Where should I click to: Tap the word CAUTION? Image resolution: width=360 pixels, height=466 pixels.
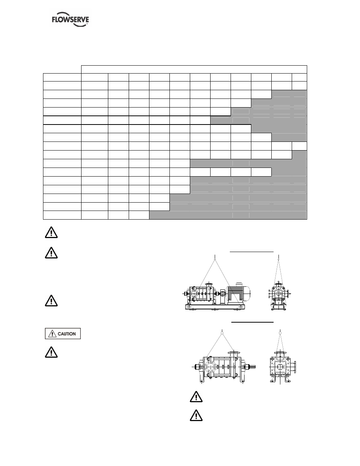click(67, 334)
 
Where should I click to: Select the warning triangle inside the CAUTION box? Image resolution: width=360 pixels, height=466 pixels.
click(52, 334)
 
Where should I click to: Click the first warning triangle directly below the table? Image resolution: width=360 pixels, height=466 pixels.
click(51, 232)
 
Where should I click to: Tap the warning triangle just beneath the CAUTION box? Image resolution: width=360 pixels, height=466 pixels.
click(51, 352)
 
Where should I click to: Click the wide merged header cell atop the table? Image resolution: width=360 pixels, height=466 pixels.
click(194, 69)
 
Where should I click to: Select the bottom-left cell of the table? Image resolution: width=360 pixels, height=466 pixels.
click(62, 215)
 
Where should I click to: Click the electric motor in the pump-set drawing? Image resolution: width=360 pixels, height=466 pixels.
click(238, 293)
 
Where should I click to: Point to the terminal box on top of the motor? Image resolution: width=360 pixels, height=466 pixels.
click(238, 284)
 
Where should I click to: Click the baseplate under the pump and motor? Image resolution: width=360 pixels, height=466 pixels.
click(215, 307)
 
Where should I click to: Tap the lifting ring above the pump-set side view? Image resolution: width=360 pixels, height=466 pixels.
click(215, 259)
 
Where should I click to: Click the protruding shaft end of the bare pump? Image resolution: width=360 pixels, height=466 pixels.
click(252, 367)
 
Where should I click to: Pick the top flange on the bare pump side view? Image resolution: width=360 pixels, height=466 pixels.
click(234, 352)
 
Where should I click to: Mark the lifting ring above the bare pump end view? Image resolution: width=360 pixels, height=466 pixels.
click(280, 333)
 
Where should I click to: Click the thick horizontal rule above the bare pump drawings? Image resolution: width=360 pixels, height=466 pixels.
click(252, 322)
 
